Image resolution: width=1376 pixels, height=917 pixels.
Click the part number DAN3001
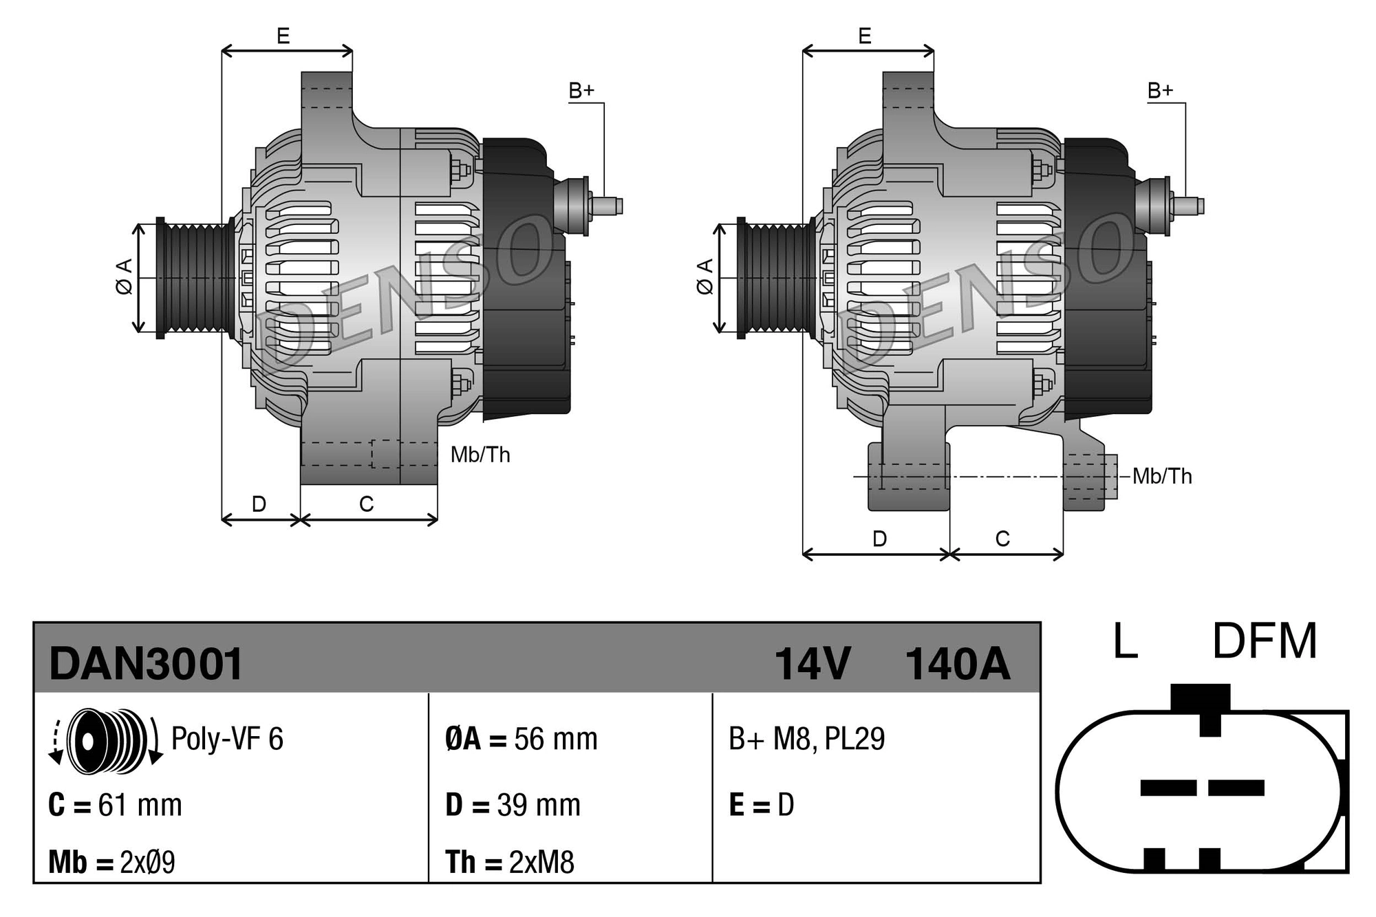(146, 665)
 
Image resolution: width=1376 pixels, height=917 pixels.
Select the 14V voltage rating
(813, 665)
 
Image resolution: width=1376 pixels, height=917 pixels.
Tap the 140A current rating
(957, 665)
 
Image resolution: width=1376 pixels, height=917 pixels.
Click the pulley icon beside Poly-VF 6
(106, 739)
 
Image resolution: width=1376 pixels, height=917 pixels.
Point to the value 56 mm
(555, 740)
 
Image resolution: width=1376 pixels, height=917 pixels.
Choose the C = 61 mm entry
(115, 805)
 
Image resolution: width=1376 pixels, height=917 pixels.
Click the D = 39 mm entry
(513, 805)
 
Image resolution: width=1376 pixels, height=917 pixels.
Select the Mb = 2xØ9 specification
(111, 862)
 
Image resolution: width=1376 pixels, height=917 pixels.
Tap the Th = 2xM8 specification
(509, 862)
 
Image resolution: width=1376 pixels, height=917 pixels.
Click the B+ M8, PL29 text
(806, 739)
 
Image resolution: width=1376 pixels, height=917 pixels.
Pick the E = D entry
(761, 805)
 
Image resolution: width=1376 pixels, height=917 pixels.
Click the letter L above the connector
(1125, 642)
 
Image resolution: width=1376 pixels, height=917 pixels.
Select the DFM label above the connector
(1264, 642)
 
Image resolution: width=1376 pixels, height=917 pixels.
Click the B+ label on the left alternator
(581, 91)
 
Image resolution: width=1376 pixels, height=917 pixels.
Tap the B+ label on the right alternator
(1160, 91)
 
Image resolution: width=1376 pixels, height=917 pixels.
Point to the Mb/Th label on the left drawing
(480, 455)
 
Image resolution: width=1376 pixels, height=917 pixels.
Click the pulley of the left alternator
(196, 278)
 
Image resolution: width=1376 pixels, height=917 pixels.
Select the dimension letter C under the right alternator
(1002, 539)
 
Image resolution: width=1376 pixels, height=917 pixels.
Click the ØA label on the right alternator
(705, 277)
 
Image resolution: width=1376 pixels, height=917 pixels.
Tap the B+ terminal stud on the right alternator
(1188, 206)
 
